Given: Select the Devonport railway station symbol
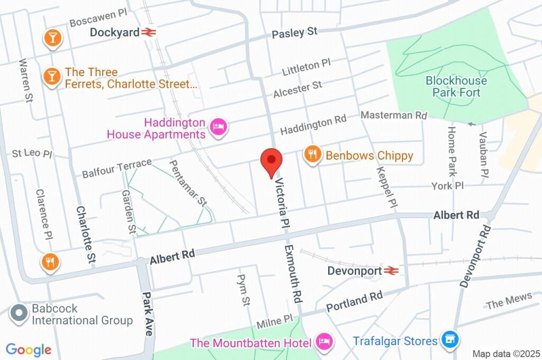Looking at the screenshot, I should [x=391, y=271].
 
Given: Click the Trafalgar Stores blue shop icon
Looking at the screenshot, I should [x=450, y=339].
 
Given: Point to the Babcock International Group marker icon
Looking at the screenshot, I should [x=19, y=314].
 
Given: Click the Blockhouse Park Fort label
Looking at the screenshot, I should [x=456, y=87].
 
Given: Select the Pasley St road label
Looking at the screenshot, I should [x=294, y=33].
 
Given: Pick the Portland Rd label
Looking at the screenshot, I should [x=354, y=302].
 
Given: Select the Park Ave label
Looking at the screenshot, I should [x=148, y=313].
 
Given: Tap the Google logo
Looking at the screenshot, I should [x=29, y=349].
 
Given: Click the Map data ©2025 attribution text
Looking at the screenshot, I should [x=505, y=354].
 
